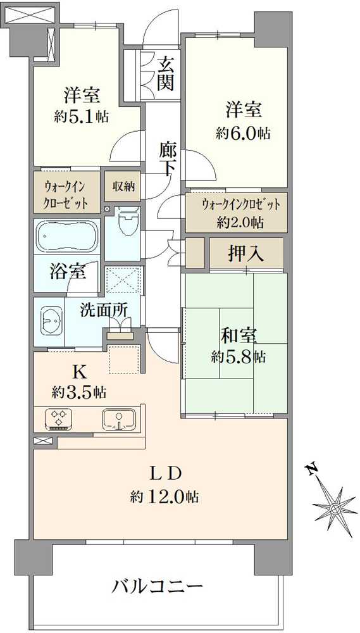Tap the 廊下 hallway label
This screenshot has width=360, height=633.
pyautogui.click(x=168, y=160)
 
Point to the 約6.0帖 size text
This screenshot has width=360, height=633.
pyautogui.click(x=243, y=133)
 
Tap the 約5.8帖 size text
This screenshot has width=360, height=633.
pyautogui.click(x=238, y=356)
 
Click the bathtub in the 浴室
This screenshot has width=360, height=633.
pyautogui.click(x=67, y=236)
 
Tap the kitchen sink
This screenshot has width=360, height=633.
pyautogui.click(x=118, y=419)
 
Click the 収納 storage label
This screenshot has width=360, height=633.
pyautogui.click(x=123, y=186)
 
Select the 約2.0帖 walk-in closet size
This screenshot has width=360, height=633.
pyautogui.click(x=240, y=222)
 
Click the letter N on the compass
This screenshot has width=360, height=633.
pyautogui.click(x=311, y=470)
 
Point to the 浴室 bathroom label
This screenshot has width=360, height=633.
pyautogui.click(x=68, y=273)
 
